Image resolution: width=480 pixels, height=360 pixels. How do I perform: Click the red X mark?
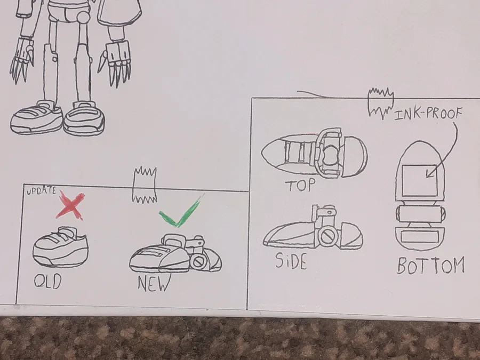[x=70, y=206]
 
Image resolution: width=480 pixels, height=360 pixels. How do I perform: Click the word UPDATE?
[x=41, y=191]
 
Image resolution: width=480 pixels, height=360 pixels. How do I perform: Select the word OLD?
[x=48, y=282]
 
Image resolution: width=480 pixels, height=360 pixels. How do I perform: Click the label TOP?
[x=300, y=185]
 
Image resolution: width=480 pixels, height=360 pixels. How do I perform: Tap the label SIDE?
[x=291, y=261]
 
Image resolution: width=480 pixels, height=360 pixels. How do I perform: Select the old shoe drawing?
[x=60, y=247]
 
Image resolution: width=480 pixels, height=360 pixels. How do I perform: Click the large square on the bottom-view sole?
[x=419, y=181]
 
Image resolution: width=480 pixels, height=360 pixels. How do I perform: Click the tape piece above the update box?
[x=144, y=185]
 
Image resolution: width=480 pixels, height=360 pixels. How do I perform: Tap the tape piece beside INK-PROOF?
[x=380, y=103]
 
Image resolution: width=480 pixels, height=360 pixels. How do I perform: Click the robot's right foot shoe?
[x=36, y=118]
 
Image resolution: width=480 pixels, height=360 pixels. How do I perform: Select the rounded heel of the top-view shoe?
[x=355, y=156]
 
